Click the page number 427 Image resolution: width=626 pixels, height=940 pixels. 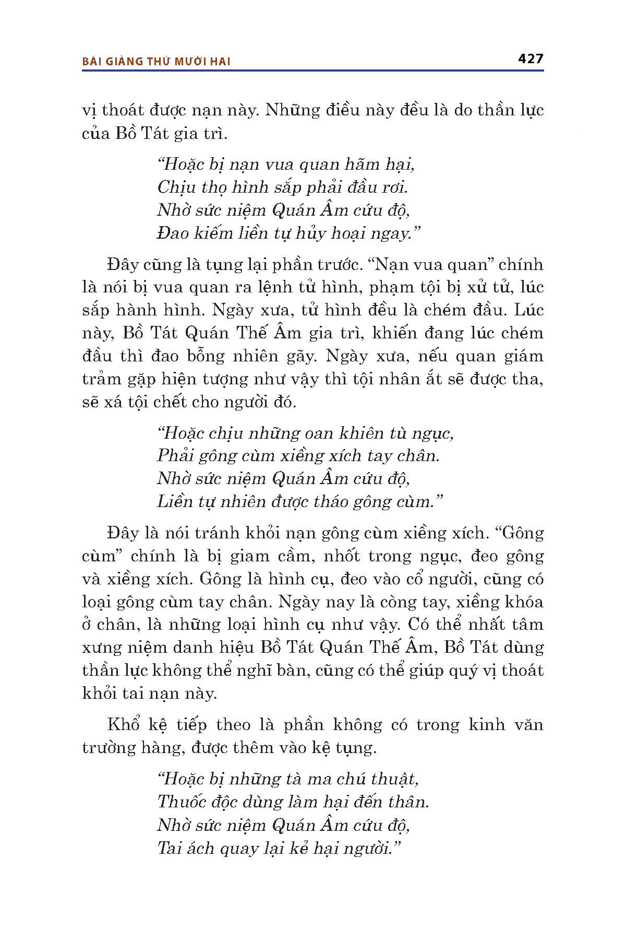[x=531, y=58]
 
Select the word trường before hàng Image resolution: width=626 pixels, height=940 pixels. [x=111, y=748]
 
